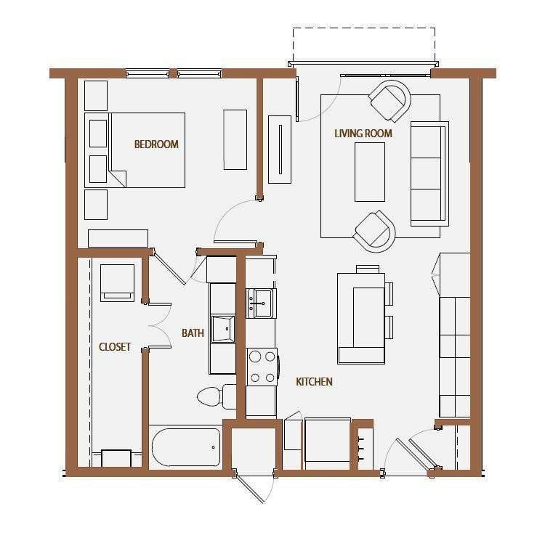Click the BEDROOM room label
[x=156, y=144]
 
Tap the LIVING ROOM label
[x=363, y=134]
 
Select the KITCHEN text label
[x=314, y=382]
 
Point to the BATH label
[x=193, y=333]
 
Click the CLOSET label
[x=115, y=346]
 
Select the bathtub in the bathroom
[x=186, y=447]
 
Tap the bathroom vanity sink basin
[x=223, y=329]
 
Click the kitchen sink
[x=261, y=303]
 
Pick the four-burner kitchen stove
[x=262, y=367]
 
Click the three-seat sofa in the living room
[x=429, y=174]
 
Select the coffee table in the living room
[x=370, y=172]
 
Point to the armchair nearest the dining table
[x=375, y=231]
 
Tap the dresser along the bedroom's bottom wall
[x=118, y=238]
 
